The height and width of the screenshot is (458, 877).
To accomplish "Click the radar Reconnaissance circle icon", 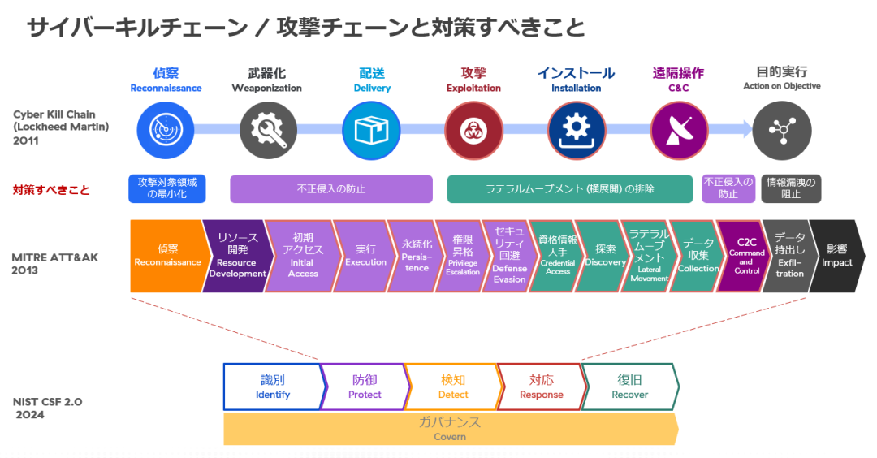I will pos(166,128).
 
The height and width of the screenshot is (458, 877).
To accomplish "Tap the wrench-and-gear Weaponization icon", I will pos(269,128).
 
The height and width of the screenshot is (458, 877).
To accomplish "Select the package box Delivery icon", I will pos(371,128).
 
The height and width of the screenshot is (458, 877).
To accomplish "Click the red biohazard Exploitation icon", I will pos(473,128).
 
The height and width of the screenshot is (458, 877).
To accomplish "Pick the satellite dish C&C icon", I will pos(679,128).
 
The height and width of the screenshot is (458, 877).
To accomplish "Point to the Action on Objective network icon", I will pos(781,128).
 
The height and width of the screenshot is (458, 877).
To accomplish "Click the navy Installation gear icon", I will pos(577,128).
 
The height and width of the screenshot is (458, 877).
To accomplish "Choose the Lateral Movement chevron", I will pos(649,256).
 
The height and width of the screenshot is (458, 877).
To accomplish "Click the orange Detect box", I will pos(452,387).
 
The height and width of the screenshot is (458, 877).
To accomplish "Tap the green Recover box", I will pos(629,387).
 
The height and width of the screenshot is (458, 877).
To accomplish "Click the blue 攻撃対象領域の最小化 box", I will pos(166,188).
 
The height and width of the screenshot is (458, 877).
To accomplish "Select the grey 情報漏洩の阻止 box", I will pos(790,188).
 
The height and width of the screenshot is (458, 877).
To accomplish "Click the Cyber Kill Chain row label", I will pos(60,127).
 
